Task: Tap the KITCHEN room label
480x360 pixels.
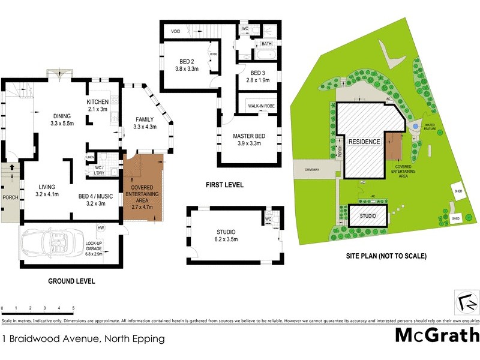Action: coord(97,105)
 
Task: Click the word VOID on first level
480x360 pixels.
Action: coord(176,31)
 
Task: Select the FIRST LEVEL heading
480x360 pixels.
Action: coord(224,185)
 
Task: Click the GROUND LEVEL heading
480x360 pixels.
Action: coord(71,281)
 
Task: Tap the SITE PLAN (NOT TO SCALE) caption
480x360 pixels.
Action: coord(386,256)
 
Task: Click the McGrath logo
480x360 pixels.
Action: coord(437,335)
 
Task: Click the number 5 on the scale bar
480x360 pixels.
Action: coord(73,308)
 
